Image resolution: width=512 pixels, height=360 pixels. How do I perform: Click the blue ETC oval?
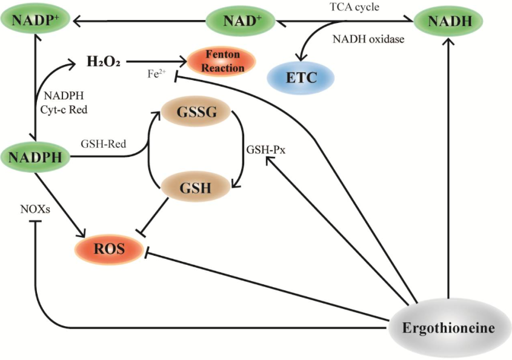[301, 78]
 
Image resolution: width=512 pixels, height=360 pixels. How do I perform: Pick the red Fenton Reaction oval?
[222, 61]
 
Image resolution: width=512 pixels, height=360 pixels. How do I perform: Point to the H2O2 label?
[104, 61]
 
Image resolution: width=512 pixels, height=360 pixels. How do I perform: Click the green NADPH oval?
[36, 158]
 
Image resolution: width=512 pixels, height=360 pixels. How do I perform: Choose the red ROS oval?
[109, 248]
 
